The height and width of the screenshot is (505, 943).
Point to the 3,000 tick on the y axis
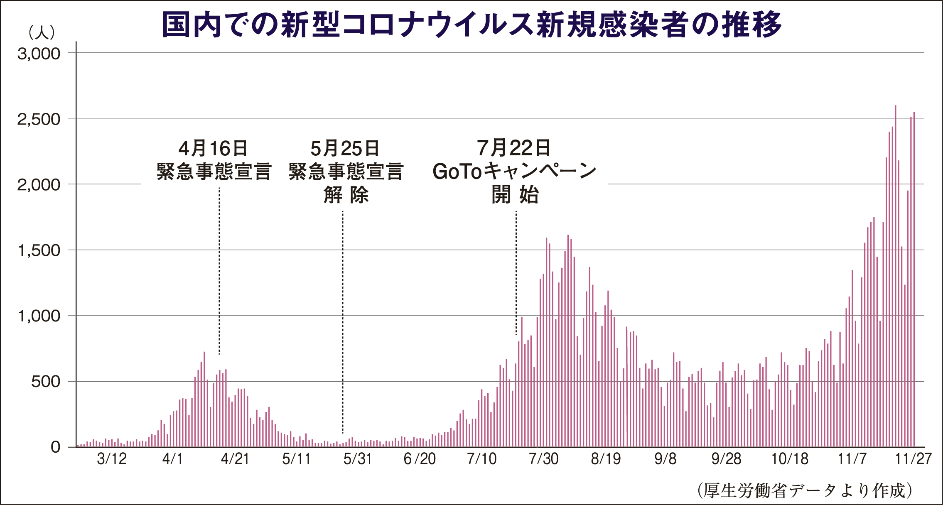pyautogui.click(x=39, y=54)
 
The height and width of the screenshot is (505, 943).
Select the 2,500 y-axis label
pyautogui.click(x=39, y=119)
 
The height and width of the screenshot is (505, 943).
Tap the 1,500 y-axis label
pyautogui.click(x=39, y=250)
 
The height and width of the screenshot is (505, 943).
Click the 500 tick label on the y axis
pyautogui.click(x=45, y=382)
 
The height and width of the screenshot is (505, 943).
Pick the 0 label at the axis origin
pyautogui.click(x=56, y=447)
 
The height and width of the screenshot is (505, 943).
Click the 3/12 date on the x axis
pyautogui.click(x=112, y=459)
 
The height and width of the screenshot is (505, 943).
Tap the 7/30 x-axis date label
pyautogui.click(x=543, y=459)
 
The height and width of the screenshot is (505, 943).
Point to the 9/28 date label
pyautogui.click(x=726, y=459)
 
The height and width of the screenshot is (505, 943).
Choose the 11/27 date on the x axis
pyautogui.click(x=913, y=459)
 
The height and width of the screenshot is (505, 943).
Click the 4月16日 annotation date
pyautogui.click(x=213, y=148)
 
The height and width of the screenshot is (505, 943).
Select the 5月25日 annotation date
pyautogui.click(x=345, y=148)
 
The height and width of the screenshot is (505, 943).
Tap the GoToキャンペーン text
pyautogui.click(x=514, y=171)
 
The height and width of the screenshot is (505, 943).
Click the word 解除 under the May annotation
pyautogui.click(x=346, y=195)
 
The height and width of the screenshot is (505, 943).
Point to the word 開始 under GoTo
pyautogui.click(x=515, y=194)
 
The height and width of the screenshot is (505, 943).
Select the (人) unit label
pyautogui.click(x=42, y=32)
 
